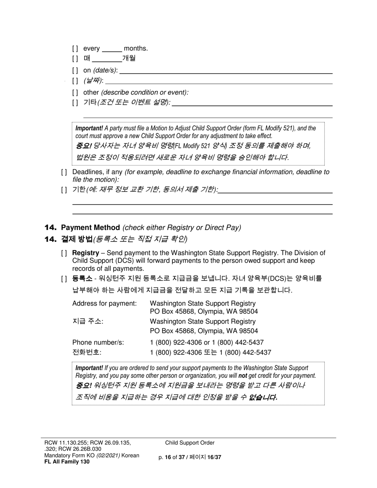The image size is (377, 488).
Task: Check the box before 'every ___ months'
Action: [x=75, y=49]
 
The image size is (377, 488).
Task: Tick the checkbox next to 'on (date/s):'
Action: [x=75, y=71]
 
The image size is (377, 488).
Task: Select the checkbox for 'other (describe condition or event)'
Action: [x=75, y=92]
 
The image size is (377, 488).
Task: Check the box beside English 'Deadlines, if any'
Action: [x=64, y=172]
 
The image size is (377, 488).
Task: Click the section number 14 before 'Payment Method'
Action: [x=51, y=227]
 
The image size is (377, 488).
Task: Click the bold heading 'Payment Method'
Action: [x=90, y=227]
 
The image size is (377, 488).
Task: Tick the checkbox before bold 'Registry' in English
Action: [x=64, y=253]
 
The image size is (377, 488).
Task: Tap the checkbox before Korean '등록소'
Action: [x=64, y=279]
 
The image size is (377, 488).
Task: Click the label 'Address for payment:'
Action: [x=104, y=304]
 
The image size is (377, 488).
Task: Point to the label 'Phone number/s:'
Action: [x=98, y=342]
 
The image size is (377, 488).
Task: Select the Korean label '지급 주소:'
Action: [x=88, y=321]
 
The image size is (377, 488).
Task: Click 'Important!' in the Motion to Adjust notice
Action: [x=89, y=128]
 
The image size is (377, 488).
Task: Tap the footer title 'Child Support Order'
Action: [x=190, y=443]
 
